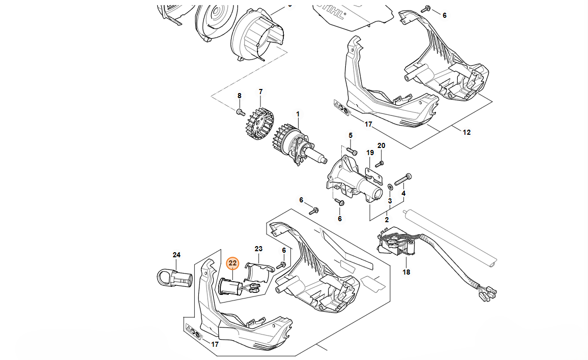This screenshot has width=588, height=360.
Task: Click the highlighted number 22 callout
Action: pos(232,263)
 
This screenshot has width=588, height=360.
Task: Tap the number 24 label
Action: pos(177,254)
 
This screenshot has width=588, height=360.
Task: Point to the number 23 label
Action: pos(258,249)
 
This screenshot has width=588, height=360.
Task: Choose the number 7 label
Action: pos(260,92)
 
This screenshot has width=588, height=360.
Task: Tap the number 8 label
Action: pos(240,96)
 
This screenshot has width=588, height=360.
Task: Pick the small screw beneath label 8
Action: pos(240,110)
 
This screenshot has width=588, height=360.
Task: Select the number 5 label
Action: pos(350,135)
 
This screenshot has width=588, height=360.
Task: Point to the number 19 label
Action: pos(370,152)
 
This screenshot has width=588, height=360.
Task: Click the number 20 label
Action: pos(381,145)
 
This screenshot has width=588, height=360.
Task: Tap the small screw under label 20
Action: pos(379,163)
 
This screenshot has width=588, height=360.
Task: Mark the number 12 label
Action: pos(466,132)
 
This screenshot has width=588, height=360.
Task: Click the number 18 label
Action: pos(406,272)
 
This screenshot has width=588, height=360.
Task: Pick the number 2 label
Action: pos(387,220)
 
